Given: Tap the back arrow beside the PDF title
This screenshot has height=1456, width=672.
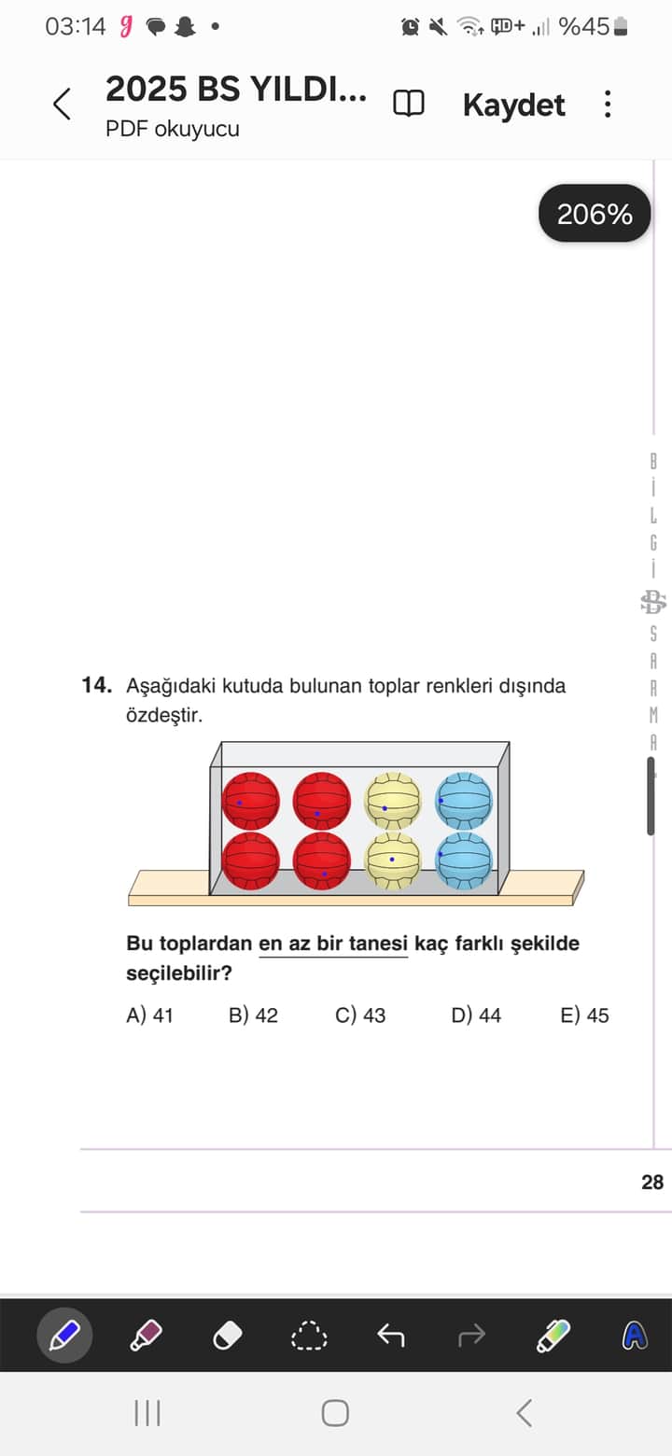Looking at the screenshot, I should tap(62, 104).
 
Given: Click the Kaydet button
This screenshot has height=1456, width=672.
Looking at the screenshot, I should tap(513, 105).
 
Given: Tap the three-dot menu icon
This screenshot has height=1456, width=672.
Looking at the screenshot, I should tap(608, 104).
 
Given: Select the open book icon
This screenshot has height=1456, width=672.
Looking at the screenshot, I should tap(409, 104).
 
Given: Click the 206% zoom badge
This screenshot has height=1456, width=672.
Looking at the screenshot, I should tap(595, 215).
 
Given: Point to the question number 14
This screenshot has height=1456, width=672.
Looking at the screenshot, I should tap(96, 686).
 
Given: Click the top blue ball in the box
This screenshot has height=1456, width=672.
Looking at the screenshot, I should tap(464, 801).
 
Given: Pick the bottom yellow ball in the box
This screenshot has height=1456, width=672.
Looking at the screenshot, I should tap(393, 860).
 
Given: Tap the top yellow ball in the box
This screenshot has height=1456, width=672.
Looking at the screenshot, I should tap(393, 801).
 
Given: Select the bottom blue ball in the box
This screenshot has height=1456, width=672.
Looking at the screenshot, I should tap(464, 860).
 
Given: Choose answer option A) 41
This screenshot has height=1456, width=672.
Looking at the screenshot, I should tap(149, 1015).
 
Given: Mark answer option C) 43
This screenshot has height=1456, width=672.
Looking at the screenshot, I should tap(360, 1015).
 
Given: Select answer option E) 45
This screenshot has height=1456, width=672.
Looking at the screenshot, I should tap(584, 1015).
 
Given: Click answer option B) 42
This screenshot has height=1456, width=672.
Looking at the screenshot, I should tap(253, 1015).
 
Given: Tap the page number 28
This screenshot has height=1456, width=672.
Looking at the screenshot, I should tap(652, 1183).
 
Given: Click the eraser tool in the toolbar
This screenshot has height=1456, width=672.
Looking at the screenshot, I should tap(228, 1336).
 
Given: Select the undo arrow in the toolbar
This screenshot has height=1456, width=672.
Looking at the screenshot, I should tap(390, 1336).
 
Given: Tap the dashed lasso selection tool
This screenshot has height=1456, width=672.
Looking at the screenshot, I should tap(309, 1336).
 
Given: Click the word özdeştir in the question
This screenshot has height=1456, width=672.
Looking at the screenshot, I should tap(163, 716).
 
